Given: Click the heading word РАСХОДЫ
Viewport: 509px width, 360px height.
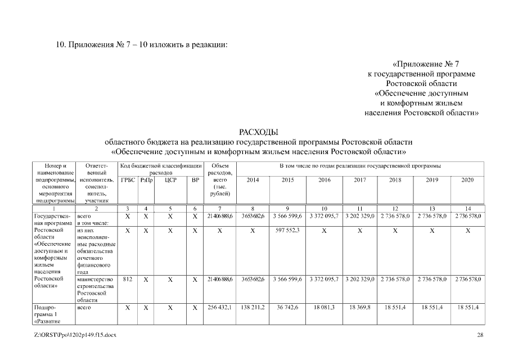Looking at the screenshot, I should [x=259, y=132].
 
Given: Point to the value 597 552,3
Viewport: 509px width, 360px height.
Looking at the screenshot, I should [x=287, y=231].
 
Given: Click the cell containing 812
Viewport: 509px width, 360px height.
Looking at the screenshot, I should [x=128, y=280].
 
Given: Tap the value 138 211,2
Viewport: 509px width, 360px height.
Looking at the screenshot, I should [x=253, y=308].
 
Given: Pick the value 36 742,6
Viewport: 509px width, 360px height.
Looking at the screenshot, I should [x=287, y=308].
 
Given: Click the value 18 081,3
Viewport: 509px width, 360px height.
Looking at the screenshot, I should [x=324, y=308].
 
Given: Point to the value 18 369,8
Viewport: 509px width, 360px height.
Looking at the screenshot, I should [x=360, y=308].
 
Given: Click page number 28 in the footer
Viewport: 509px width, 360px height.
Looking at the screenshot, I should [x=480, y=336].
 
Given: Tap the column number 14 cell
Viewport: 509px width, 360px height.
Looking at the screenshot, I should [x=467, y=209].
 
